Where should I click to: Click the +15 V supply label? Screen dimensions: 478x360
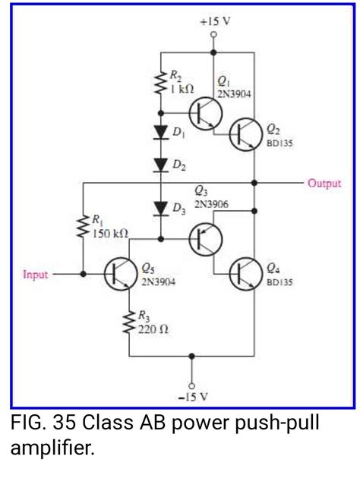[x=215, y=22]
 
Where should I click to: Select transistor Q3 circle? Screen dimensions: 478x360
[x=204, y=237]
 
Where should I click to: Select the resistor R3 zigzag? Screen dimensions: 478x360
[x=129, y=324]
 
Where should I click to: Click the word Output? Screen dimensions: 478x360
[x=324, y=183]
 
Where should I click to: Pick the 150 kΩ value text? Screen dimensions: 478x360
[x=110, y=233]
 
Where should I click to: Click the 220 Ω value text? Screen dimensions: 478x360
[x=152, y=330]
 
